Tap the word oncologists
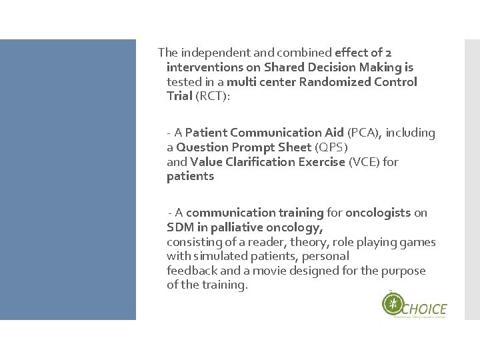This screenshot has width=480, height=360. pyautogui.click(x=379, y=213)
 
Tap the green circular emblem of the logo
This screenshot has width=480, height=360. pyautogui.click(x=393, y=305)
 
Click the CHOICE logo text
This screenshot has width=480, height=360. pyautogui.click(x=425, y=309)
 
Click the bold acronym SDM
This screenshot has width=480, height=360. pyautogui.click(x=179, y=227)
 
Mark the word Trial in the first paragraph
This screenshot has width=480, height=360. pyautogui.click(x=180, y=97)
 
